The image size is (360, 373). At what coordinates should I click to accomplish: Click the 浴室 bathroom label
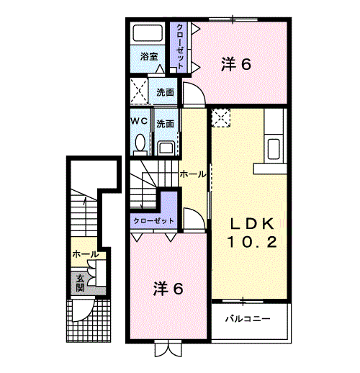[x=148, y=56]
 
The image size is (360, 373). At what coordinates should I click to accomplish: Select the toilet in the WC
[x=139, y=143]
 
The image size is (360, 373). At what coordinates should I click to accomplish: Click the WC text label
[x=139, y=122]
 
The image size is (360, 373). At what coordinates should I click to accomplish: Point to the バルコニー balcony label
[x=247, y=318]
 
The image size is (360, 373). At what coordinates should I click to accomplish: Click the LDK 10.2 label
[x=252, y=232]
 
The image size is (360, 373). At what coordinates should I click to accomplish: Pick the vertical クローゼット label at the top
[x=179, y=45]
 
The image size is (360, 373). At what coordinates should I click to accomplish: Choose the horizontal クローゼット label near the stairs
[x=153, y=220]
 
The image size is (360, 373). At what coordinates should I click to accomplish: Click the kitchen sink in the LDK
[x=274, y=150]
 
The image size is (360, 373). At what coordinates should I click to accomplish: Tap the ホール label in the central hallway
[x=192, y=174]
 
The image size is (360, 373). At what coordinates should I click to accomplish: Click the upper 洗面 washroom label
[x=166, y=93]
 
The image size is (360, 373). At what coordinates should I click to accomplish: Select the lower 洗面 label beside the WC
[x=166, y=123]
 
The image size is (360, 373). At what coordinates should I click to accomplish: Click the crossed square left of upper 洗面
[x=139, y=93]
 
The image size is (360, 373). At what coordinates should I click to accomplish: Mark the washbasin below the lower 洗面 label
[x=166, y=148]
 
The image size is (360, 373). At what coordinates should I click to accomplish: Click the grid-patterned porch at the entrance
[x=90, y=320]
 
